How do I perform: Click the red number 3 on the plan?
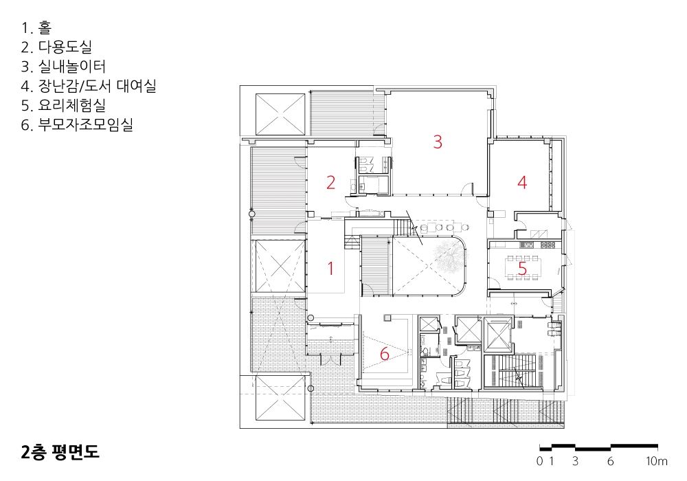[x=437, y=142]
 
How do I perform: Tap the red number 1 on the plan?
[x=331, y=268]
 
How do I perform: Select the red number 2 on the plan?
[x=331, y=182]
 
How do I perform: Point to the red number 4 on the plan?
[x=522, y=182]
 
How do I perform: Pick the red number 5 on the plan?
[x=522, y=268]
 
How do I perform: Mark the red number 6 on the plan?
[x=384, y=354]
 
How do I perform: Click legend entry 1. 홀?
[x=36, y=27]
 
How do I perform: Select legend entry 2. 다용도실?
[x=56, y=47]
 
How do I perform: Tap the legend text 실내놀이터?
[x=72, y=66]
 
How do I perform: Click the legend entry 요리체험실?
[x=72, y=105]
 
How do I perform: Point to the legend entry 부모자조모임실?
[x=85, y=125]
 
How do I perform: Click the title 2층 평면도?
[x=60, y=452]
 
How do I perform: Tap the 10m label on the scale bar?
[x=656, y=461]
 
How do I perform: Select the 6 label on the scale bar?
[x=610, y=461]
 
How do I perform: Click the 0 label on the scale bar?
[x=540, y=461]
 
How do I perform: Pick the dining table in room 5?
[x=522, y=267]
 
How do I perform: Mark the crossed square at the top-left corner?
[x=280, y=114]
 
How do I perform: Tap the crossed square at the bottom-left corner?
[x=280, y=398]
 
